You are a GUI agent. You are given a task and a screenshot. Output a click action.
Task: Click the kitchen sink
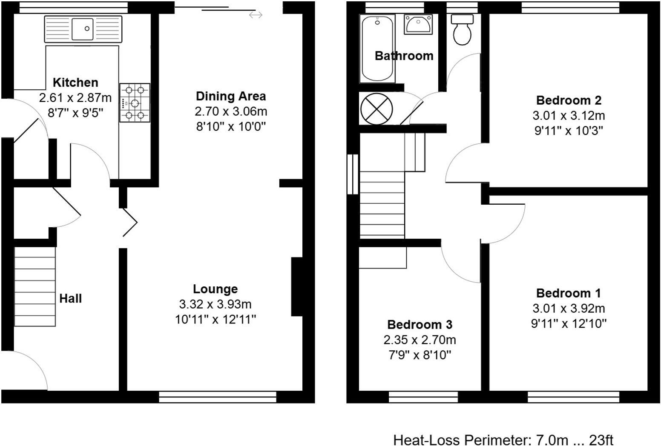pyautogui.click(x=83, y=29)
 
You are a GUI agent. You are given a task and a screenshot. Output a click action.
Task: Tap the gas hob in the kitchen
pyautogui.click(x=135, y=103)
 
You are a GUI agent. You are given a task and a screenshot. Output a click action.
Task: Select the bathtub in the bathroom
pyautogui.click(x=377, y=48)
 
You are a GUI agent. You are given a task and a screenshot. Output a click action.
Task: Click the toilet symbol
pyautogui.click(x=463, y=30)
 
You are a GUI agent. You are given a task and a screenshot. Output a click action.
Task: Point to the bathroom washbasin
pyautogui.click(x=418, y=24)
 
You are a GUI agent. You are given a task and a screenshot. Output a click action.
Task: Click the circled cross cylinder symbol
pyautogui.click(x=376, y=109)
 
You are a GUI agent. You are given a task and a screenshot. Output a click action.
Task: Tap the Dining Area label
pyautogui.click(x=230, y=96)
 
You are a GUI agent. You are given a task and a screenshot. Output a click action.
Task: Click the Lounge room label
pyautogui.click(x=215, y=289)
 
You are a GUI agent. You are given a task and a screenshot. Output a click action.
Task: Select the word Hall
pyautogui.click(x=70, y=299)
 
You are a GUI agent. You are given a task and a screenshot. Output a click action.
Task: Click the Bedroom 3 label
pyautogui.click(x=420, y=325)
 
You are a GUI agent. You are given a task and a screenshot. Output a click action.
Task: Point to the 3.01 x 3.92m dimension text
pyautogui.click(x=568, y=309)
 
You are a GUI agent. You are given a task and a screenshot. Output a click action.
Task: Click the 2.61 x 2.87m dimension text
pyautogui.click(x=75, y=98)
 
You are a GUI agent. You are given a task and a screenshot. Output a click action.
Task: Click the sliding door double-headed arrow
pyautogui.click(x=256, y=15)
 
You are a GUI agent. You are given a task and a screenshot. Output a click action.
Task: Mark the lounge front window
pyautogui.click(x=218, y=397)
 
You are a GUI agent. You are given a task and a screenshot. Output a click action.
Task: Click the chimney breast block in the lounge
pyautogui.click(x=297, y=286)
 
